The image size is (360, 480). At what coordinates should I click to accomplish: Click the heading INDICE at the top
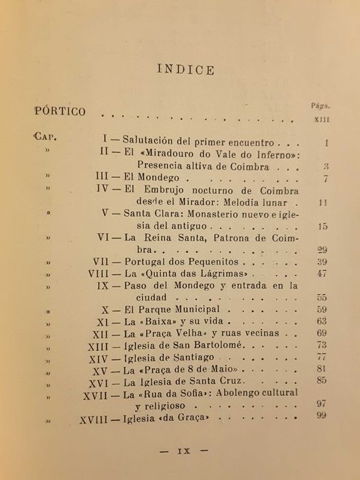pyautogui.click(x=185, y=69)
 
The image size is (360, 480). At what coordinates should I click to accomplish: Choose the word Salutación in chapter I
pyautogui.click(x=159, y=143)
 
